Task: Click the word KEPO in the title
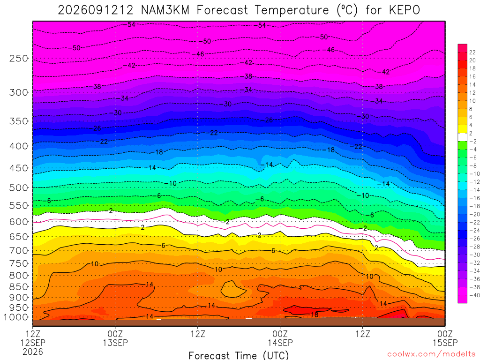point(405,10)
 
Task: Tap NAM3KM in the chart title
point(165,10)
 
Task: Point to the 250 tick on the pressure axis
point(19,58)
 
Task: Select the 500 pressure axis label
point(19,187)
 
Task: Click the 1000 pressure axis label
point(16,317)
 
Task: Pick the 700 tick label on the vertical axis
point(19,251)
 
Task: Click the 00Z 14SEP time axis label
point(280,338)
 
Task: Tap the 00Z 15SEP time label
point(445,338)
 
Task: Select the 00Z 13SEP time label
point(115,338)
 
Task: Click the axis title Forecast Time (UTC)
point(239,355)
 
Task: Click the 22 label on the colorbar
point(472,52)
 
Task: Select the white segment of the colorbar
point(463,137)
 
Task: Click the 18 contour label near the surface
point(315,315)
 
